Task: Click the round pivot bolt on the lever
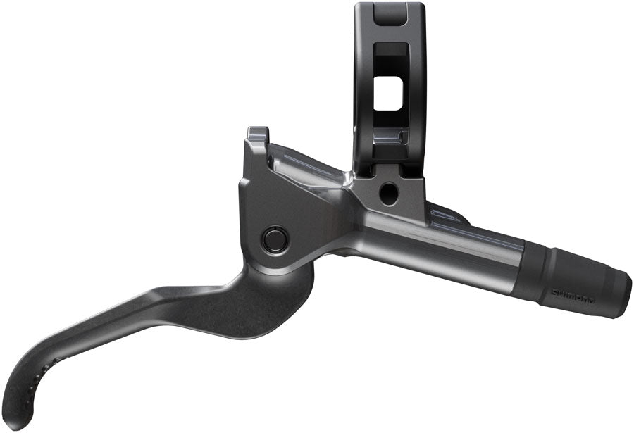point(273,239)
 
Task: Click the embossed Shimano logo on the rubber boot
point(572,292)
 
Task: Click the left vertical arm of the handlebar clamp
point(362,84)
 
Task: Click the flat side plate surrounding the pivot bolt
point(282,204)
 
